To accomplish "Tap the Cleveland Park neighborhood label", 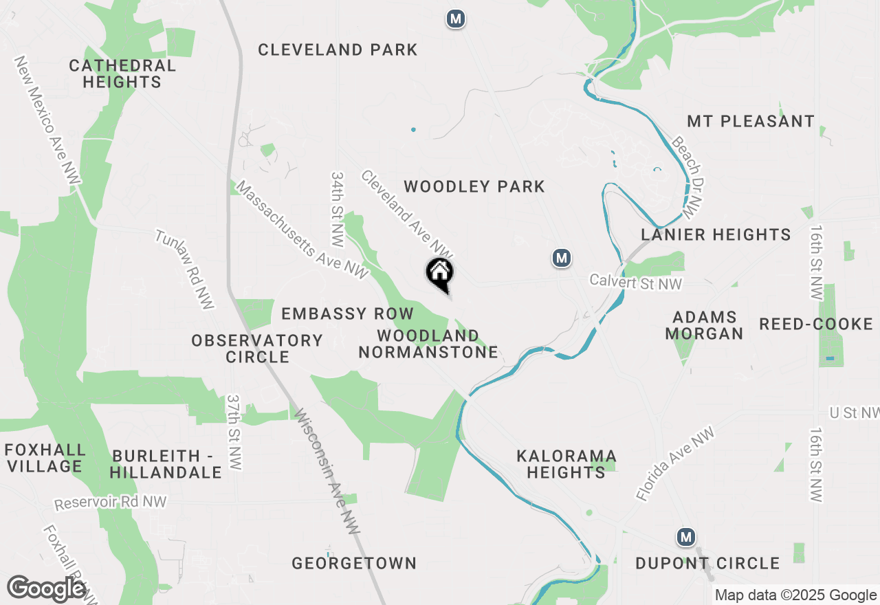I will point(338,49).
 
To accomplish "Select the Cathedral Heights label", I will point(122,74).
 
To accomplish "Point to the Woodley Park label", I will point(474,186).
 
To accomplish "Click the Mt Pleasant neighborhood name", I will point(751,122).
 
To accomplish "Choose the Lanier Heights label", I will point(716,235).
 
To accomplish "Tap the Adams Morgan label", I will point(705,325).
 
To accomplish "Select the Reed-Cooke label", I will point(815,324).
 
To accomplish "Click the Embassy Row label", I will point(347,314).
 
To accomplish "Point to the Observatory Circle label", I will point(257,349).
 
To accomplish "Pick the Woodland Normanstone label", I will point(428,344).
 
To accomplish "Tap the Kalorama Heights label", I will point(566,464).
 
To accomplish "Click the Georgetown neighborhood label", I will point(354,564).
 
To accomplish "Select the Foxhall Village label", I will point(45,459).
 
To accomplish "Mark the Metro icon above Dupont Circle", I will point(685,537).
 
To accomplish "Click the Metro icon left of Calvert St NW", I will point(562,258).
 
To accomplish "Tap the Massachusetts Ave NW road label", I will point(302,230).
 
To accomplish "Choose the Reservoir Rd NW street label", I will point(111,503).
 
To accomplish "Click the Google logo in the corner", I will point(47,589).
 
